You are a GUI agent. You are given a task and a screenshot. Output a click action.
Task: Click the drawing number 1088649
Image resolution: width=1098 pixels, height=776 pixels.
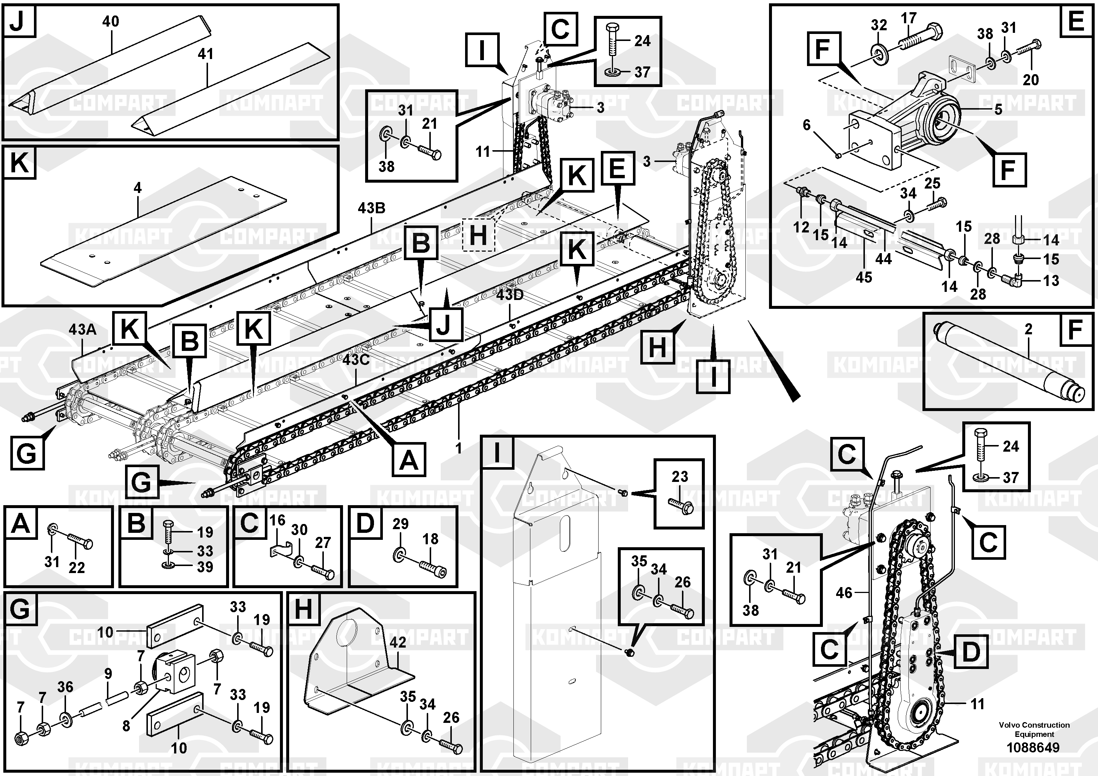coord(1033,747)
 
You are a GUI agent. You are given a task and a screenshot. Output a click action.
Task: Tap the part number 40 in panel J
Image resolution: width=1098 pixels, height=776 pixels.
coord(111,21)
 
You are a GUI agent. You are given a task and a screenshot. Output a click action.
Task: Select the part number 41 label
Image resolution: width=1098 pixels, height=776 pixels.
coord(206,54)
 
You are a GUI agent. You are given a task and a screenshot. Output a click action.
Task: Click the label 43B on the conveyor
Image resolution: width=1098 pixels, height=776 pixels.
coord(371,208)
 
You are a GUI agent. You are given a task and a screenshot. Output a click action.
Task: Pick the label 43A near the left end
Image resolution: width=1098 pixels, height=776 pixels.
coord(82,329)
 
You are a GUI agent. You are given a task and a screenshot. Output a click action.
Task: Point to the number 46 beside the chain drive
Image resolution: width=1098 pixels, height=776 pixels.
coord(844,593)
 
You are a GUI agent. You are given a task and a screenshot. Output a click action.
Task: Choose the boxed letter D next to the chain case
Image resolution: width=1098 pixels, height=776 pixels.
coord(971,652)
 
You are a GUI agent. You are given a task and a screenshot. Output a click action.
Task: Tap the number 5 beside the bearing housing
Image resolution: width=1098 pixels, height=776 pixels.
coord(998,110)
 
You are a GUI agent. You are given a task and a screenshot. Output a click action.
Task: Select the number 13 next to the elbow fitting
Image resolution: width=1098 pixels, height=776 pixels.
coord(1051,281)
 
